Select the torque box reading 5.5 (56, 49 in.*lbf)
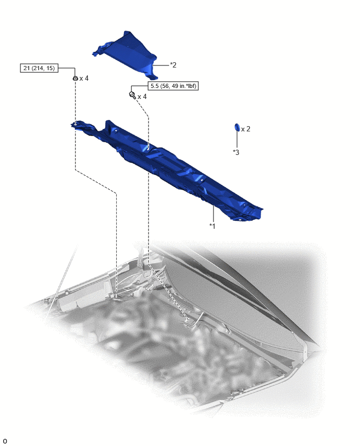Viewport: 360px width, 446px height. click(173, 86)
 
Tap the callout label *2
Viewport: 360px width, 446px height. click(173, 65)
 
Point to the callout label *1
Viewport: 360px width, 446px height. click(212, 226)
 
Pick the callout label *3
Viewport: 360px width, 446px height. click(236, 152)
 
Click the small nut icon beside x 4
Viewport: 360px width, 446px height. click(75, 78)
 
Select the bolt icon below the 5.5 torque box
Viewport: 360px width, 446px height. click(132, 95)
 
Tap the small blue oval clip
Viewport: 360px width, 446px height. click(237, 127)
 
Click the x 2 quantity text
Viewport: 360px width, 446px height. click(246, 129)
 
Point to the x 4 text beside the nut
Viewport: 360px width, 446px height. click(84, 78)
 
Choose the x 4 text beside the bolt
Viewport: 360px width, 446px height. click(142, 97)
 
